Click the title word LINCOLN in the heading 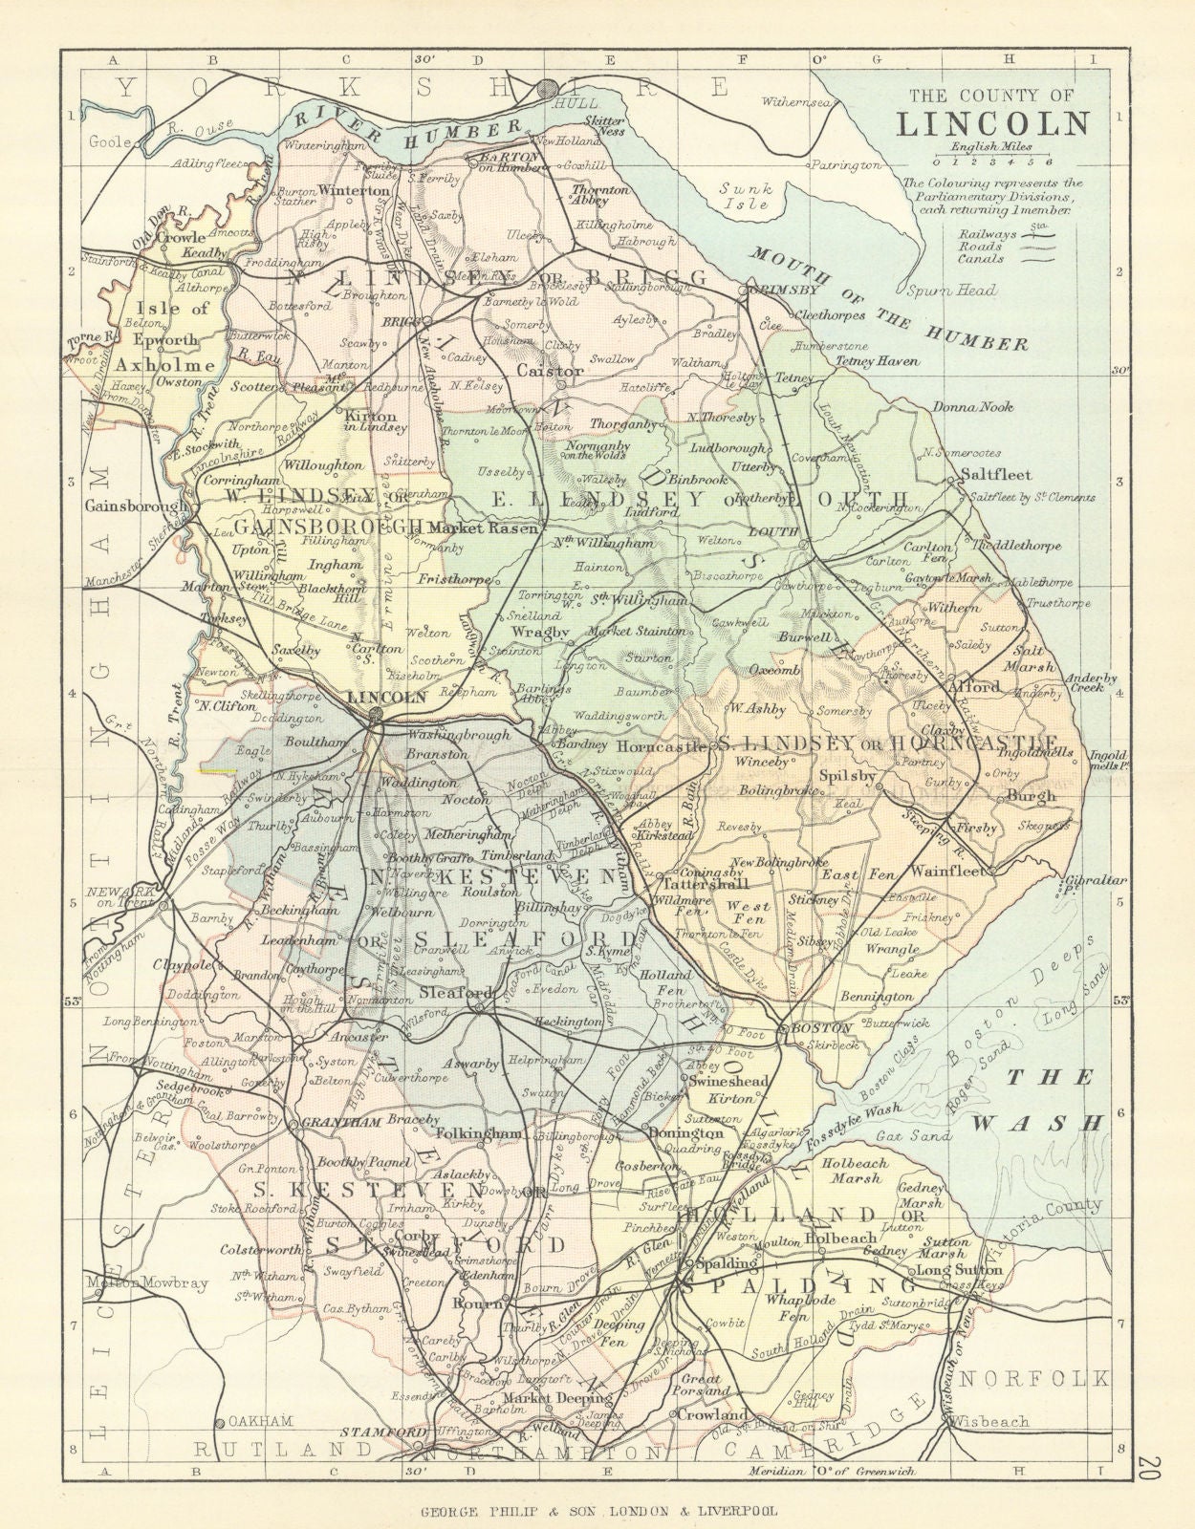[x=993, y=124]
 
